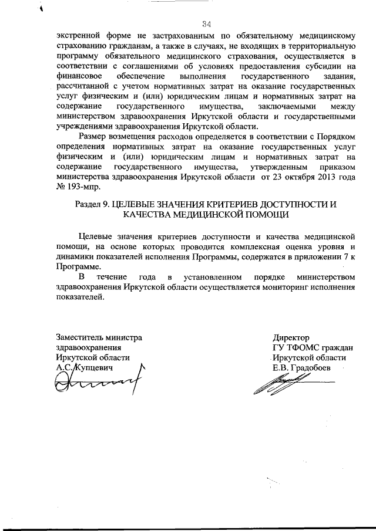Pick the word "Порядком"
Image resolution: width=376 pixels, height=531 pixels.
(335, 137)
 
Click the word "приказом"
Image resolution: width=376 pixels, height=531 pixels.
(337, 167)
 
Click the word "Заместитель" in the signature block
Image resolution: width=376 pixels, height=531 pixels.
(80, 337)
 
